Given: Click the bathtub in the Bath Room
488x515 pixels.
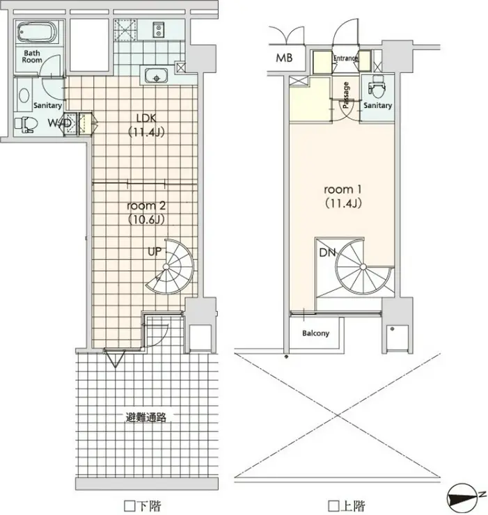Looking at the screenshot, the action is tap(37, 32).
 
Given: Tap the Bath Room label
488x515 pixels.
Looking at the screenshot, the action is tap(32, 56).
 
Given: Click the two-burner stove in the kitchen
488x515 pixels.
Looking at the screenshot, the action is tap(159, 29).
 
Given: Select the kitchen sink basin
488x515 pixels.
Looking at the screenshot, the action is tap(156, 75).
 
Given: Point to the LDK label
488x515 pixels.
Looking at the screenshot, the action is tap(146, 118).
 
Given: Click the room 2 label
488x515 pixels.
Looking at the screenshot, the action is tap(146, 205).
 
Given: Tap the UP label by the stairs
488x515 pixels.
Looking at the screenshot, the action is tap(155, 252).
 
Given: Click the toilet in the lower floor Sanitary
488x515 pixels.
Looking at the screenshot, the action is tap(26, 124).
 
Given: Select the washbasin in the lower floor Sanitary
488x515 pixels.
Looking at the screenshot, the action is tap(24, 95).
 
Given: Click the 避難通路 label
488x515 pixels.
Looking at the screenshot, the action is tap(146, 417).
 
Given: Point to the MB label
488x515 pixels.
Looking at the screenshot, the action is tap(284, 58).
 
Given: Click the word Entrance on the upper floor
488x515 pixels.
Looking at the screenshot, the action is tap(345, 58).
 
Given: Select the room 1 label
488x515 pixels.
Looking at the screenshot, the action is tap(343, 189).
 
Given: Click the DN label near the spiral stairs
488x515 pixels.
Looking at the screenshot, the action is tap(327, 252).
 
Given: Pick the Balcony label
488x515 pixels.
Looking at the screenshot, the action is tap(315, 333).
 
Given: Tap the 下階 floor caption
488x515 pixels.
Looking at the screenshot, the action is tap(143, 505).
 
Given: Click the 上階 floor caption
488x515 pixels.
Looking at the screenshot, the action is tap(347, 505).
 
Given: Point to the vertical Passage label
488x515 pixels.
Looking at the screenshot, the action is tap(346, 95).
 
